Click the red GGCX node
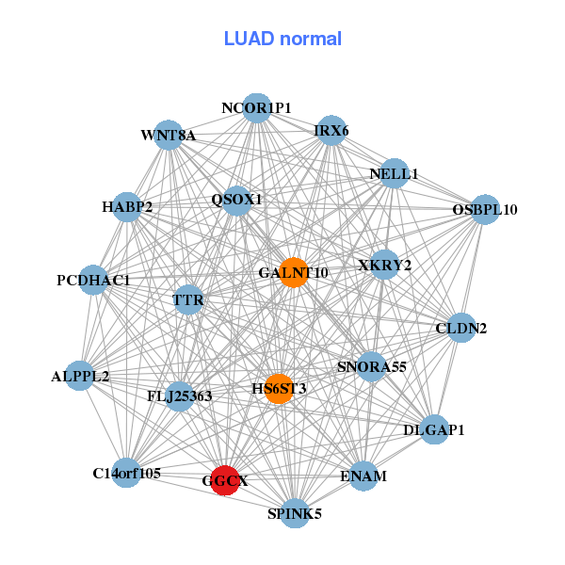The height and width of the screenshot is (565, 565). pos(225,480)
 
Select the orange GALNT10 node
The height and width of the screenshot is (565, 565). pos(294,273)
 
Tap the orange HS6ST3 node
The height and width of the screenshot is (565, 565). pos(280,389)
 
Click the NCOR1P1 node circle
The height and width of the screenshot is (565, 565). pos(256,108)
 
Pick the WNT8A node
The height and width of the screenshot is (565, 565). pos(169,135)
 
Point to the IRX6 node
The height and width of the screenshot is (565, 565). pos(331,131)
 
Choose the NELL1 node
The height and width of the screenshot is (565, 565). pos(395,173)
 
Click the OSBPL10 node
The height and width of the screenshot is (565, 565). pos(485,209)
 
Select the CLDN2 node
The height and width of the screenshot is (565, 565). pos(461,328)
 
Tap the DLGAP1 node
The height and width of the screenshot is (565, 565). pos(434,429)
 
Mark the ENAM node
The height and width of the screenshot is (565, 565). pos(363,476)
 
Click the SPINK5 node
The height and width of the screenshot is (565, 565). pos(295,513)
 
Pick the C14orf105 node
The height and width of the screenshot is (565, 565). pos(126,473)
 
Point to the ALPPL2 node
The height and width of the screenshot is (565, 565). pos(80,376)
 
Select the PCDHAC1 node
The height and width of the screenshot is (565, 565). pos(93,280)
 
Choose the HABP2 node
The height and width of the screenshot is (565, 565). pos(127,207)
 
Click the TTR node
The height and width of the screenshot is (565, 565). pos(188,299)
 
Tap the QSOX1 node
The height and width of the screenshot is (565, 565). pos(236,201)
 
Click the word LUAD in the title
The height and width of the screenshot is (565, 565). pos(249,39)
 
